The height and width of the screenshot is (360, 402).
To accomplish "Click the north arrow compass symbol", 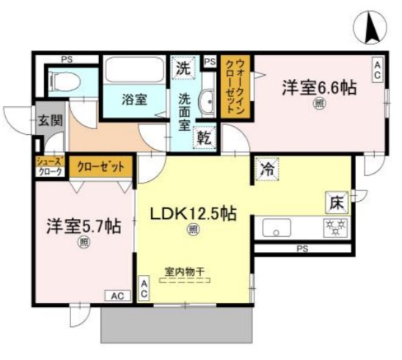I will coord(371,27).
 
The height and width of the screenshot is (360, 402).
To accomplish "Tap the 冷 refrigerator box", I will coord(266,169).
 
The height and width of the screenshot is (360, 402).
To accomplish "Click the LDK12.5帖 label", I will coord(193,214).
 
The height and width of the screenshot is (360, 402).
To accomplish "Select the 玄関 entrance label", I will coord(48,122).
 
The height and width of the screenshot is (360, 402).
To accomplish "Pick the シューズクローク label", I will coord(50,166).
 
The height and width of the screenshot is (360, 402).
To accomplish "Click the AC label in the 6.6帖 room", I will coord(377,70).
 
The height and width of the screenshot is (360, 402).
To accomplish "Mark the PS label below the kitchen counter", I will coord(301,249).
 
